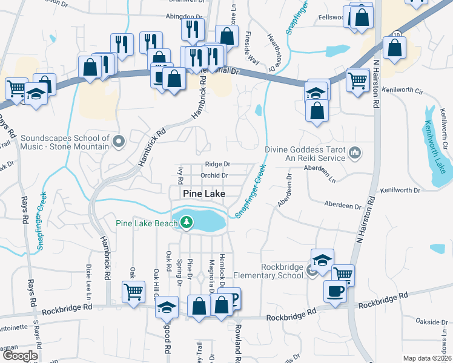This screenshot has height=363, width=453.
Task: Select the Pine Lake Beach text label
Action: point(146,223)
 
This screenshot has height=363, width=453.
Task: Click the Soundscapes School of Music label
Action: point(65,142)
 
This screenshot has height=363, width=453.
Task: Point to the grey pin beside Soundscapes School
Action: point(119,142)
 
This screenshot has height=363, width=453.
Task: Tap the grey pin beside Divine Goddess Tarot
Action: point(355,154)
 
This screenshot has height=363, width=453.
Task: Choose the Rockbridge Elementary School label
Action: point(282,271)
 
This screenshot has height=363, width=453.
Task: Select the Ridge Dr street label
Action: point(217,164)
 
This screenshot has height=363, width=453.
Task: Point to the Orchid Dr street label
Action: point(215,175)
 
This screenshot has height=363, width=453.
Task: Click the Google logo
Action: point(19,356)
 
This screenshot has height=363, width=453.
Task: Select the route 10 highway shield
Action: point(396,36)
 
